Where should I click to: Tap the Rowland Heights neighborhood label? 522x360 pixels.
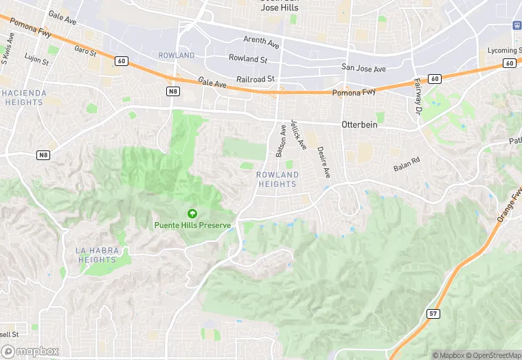click(277, 179)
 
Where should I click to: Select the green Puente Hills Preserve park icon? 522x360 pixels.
click(192, 214)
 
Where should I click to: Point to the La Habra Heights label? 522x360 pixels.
click(95, 255)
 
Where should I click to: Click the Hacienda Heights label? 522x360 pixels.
click(24, 98)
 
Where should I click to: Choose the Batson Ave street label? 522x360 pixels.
click(280, 141)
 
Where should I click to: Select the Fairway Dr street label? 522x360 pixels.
click(417, 96)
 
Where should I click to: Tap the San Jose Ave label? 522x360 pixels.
click(363, 68)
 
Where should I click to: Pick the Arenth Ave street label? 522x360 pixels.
click(261, 43)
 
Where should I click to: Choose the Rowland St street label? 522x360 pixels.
click(248, 59)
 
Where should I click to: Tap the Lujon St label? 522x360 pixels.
click(36, 60)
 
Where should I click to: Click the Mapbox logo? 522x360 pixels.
click(30, 351)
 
